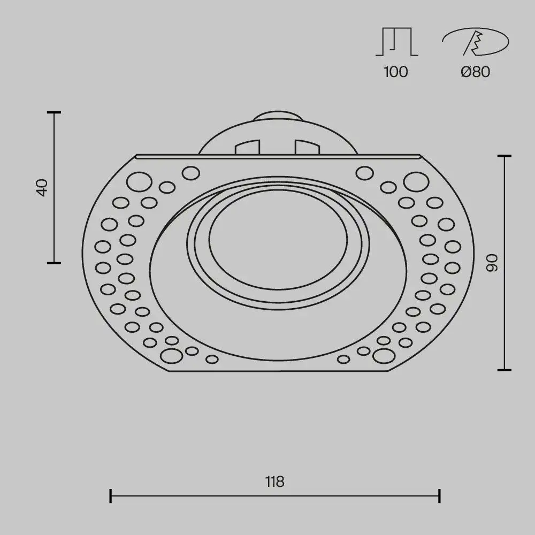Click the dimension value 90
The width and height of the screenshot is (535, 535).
tap(492, 262)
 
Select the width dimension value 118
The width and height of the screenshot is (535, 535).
tap(274, 482)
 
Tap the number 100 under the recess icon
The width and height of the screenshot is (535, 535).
tap(395, 72)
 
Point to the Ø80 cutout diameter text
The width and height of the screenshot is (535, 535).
tap(475, 72)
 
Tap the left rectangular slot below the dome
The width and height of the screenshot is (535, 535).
tap(247, 147)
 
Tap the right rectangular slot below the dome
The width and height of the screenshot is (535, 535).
tap(307, 147)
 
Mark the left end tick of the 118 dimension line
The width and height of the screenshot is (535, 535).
tap(110, 495)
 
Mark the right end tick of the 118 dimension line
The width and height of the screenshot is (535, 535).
tap(439, 495)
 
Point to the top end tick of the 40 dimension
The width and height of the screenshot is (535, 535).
tap(53, 113)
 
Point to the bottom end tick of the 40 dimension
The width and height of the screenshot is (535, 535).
tap(53, 263)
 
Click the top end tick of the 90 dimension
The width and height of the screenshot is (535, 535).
tap(504, 156)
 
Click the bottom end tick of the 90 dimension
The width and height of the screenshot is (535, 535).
tap(504, 370)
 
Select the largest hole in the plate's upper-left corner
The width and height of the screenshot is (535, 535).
tap(140, 182)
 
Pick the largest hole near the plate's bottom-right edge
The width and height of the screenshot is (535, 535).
tap(384, 355)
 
